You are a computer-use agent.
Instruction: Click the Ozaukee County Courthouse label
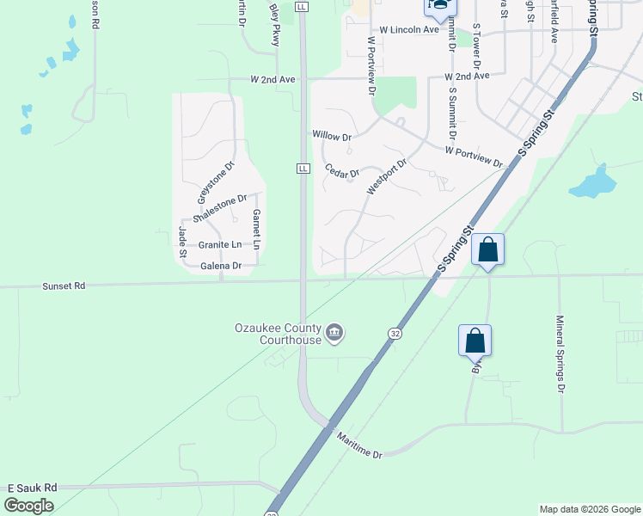tap(277, 333)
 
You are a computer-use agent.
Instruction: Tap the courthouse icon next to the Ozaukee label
tap(334, 333)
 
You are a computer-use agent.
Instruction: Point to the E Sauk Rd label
tap(32, 487)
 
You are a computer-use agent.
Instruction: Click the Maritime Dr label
tap(358, 444)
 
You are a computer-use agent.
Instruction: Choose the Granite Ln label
tap(220, 244)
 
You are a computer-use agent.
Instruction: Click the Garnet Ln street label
tap(256, 229)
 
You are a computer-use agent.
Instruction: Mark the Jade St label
tap(182, 241)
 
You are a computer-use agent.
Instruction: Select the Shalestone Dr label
tap(225, 207)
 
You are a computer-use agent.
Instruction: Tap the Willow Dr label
tap(333, 136)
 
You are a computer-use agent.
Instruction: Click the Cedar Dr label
tap(341, 171)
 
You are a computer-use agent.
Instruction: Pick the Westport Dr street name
tap(385, 175)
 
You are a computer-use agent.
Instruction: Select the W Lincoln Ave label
tap(403, 30)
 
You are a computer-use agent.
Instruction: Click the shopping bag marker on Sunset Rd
tap(487, 250)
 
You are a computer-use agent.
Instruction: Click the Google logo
tap(28, 506)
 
